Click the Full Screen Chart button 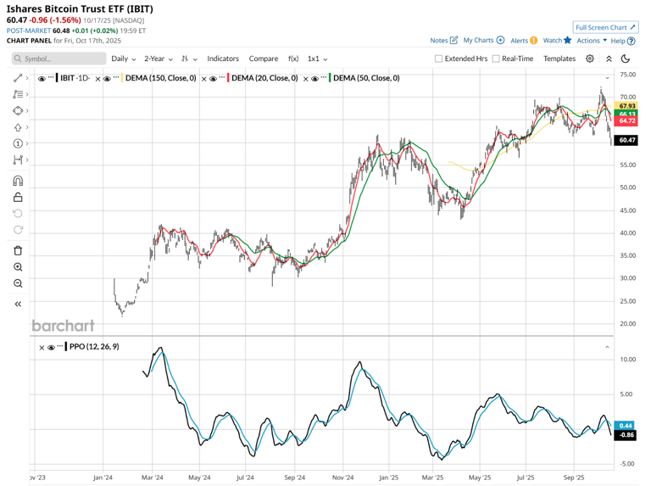pyautogui.click(x=605, y=27)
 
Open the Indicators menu pyautogui.click(x=223, y=59)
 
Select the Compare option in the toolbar pyautogui.click(x=264, y=59)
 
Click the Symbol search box pyautogui.click(x=59, y=59)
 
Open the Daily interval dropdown pyautogui.click(x=123, y=59)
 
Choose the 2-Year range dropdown pyautogui.click(x=158, y=59)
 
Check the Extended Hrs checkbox pyautogui.click(x=439, y=59)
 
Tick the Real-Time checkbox pyautogui.click(x=496, y=59)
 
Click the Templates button pyautogui.click(x=559, y=59)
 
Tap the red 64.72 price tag pyautogui.click(x=627, y=121)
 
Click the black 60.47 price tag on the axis pyautogui.click(x=627, y=140)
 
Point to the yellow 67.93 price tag pyautogui.click(x=627, y=106)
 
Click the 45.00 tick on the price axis pyautogui.click(x=627, y=210)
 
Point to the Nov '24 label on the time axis pyautogui.click(x=343, y=477)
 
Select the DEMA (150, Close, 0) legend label pyautogui.click(x=161, y=78)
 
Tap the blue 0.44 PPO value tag pyautogui.click(x=626, y=425)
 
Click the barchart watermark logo pyautogui.click(x=63, y=326)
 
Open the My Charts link pyautogui.click(x=483, y=40)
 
